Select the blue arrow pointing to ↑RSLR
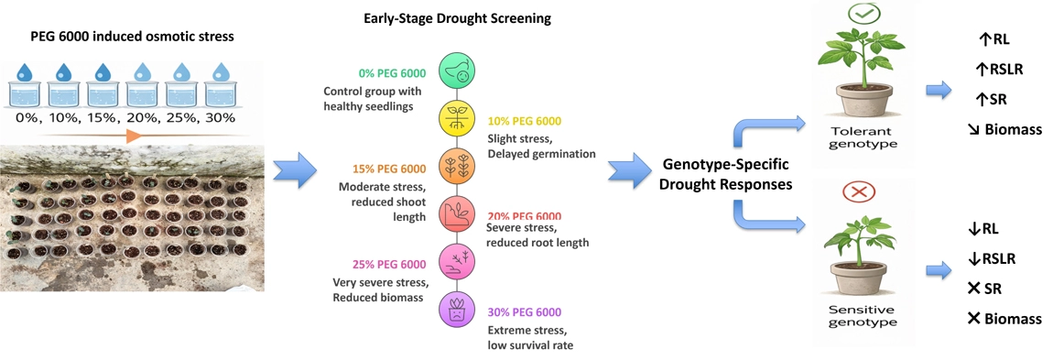pyautogui.click(x=939, y=89)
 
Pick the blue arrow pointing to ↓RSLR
pyautogui.click(x=939, y=270)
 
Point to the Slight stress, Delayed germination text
pyautogui.click(x=541, y=146)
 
